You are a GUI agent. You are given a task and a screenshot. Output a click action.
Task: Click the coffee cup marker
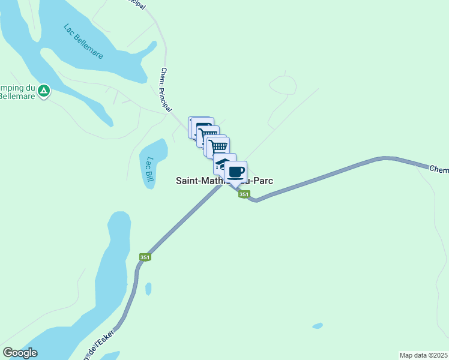pos(236,172)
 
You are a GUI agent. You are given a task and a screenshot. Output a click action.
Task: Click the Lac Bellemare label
pos(83,41)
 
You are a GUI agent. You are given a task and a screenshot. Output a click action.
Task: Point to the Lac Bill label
pos(149,170)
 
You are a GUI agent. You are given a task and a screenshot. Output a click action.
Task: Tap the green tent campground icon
pos(43,91)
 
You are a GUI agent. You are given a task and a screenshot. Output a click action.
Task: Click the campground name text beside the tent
pos(15,91)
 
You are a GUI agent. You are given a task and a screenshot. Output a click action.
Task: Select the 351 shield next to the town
pos(244,194)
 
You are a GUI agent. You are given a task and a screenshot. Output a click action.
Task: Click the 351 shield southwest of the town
pos(145,257)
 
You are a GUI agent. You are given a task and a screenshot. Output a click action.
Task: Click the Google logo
pos(20,353)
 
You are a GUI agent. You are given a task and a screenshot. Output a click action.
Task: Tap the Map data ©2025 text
pos(423,355)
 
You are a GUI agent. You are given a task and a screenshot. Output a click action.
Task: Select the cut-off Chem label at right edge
pos(439,169)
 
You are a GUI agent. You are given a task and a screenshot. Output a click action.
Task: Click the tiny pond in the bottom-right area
pos(317,326)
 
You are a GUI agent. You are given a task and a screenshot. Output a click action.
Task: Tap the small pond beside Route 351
pos(148,289)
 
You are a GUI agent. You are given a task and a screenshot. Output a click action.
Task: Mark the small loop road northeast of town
pos(283,86)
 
